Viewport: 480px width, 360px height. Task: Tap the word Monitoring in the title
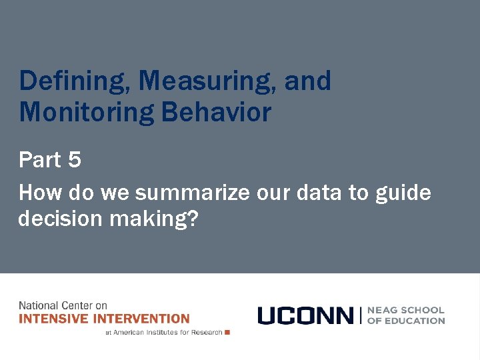pyautogui.click(x=85, y=112)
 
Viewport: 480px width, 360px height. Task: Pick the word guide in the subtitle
pyautogui.click(x=403, y=194)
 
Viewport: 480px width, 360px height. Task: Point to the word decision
pyautogui.click(x=56, y=218)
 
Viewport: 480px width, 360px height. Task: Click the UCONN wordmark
pyautogui.click(x=305, y=315)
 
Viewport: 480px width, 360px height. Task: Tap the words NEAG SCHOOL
pyautogui.click(x=405, y=310)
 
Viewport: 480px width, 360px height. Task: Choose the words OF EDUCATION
pyautogui.click(x=405, y=321)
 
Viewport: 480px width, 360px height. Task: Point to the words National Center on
pyautogui.click(x=63, y=306)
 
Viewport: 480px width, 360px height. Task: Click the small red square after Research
pyautogui.click(x=227, y=332)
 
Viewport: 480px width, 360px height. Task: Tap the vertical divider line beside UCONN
pyautogui.click(x=361, y=315)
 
